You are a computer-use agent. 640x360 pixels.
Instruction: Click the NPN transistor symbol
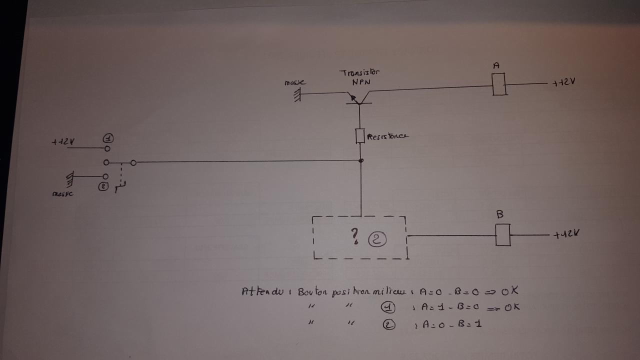click(x=358, y=98)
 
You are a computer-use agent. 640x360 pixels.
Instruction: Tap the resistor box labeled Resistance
click(x=359, y=136)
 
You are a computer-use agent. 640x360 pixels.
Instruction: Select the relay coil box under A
click(x=499, y=84)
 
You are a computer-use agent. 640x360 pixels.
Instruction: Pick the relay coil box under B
click(x=502, y=235)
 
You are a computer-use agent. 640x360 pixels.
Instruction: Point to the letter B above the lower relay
click(x=499, y=214)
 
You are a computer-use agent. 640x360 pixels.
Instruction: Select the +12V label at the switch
click(x=63, y=142)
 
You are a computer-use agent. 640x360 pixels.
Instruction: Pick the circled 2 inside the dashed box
click(x=377, y=240)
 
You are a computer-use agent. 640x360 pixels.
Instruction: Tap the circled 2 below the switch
click(x=103, y=186)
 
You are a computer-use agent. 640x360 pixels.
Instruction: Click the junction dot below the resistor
click(x=361, y=160)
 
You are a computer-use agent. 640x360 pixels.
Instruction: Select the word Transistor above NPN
click(x=360, y=73)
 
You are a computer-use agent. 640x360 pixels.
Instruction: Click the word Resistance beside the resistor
click(x=387, y=136)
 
